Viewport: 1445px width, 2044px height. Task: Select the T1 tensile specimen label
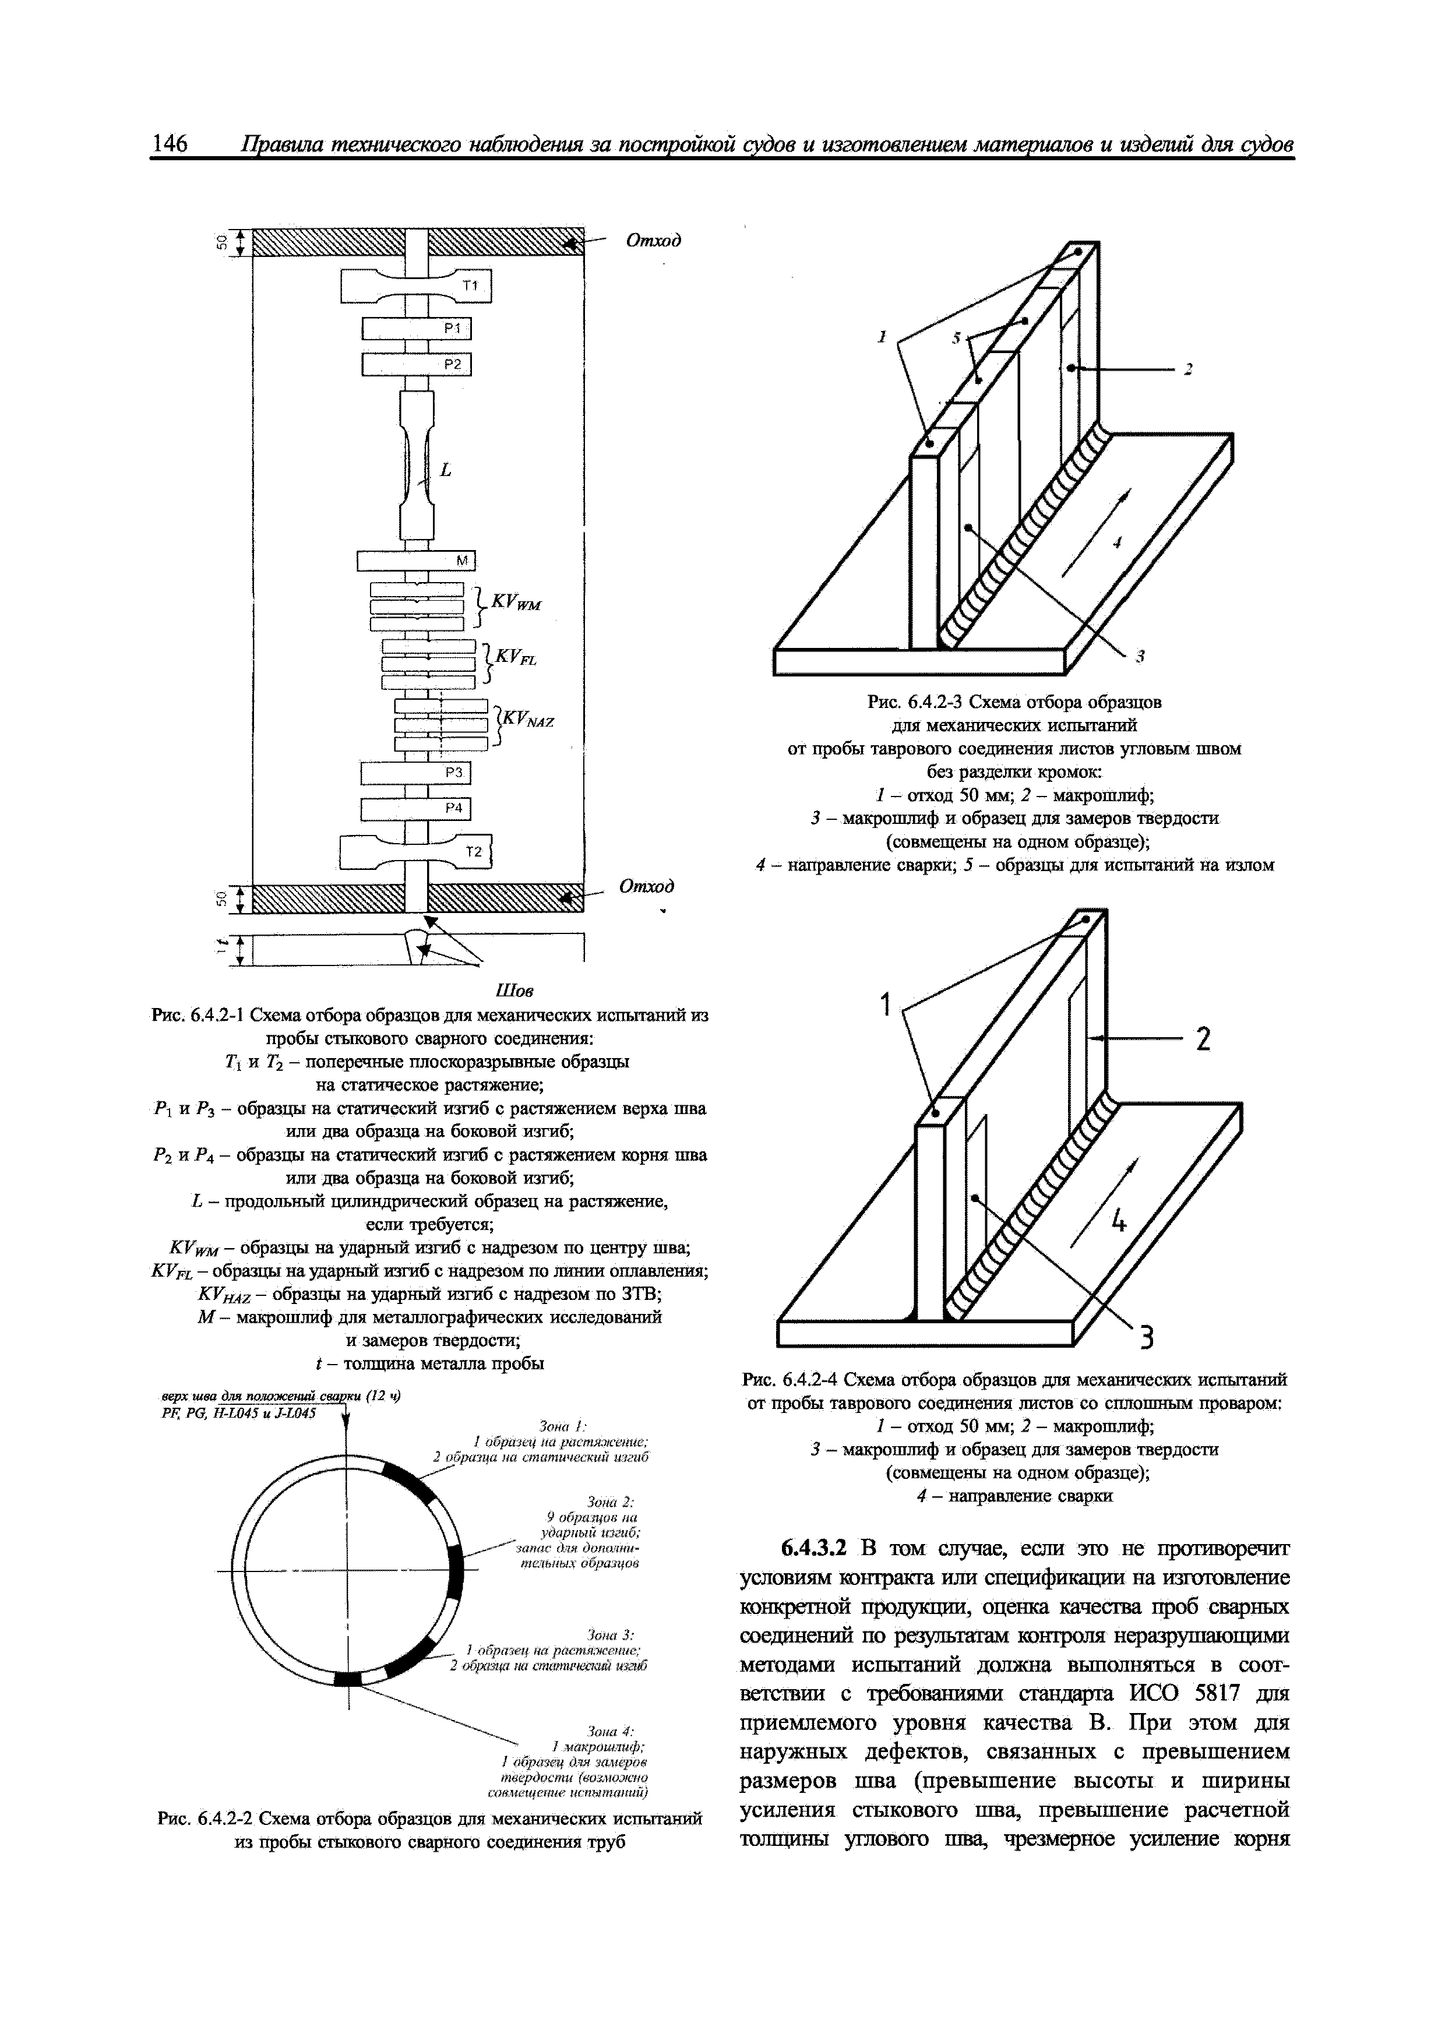(469, 286)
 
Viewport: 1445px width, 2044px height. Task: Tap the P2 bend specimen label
(453, 364)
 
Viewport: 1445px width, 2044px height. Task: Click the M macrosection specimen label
(462, 560)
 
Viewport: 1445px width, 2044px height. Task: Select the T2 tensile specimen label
(474, 852)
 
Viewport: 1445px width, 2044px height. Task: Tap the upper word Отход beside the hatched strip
(654, 241)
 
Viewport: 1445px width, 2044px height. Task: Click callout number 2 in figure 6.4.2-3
(1187, 369)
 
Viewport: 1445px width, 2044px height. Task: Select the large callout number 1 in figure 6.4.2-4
(886, 1006)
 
